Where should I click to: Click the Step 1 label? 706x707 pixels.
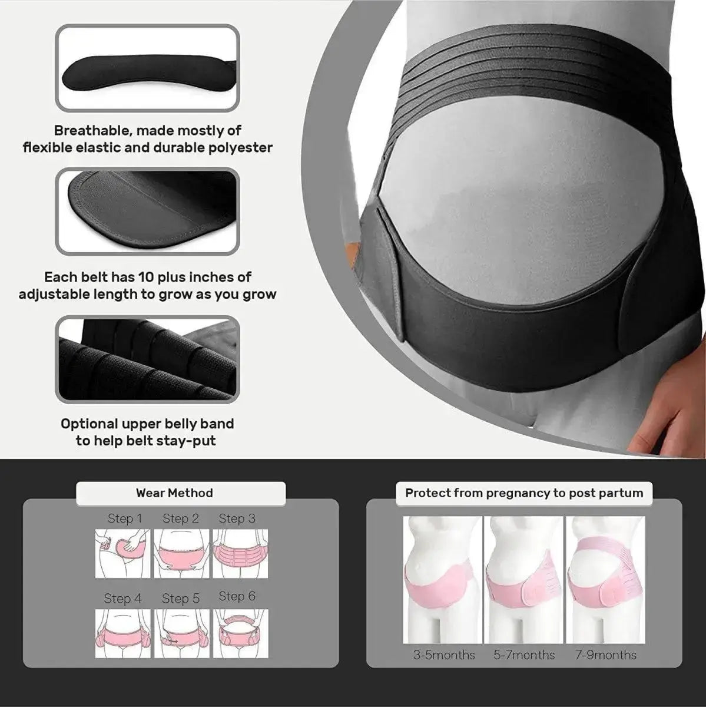pos(125,518)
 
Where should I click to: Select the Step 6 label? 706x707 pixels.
pos(237,596)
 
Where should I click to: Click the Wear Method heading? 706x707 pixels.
pos(174,493)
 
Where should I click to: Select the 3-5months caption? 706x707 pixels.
pos(444,655)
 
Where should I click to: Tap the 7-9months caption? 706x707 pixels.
pos(605,655)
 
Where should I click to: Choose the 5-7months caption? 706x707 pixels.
pos(524,655)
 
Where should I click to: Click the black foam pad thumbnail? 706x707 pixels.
pos(147,67)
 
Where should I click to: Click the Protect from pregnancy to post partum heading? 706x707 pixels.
pos(524,493)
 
